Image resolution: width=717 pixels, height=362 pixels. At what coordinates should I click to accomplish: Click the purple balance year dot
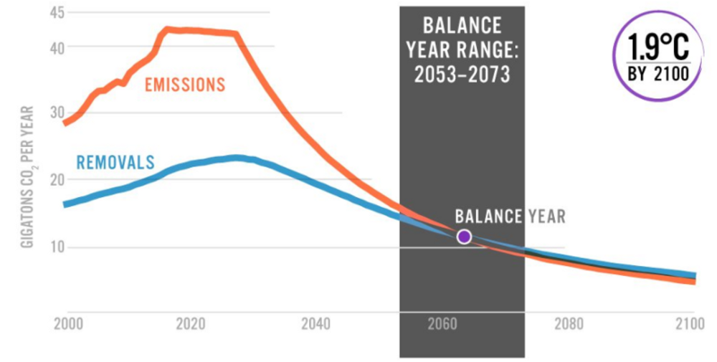(x=464, y=237)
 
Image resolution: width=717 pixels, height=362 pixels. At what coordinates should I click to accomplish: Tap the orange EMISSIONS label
(x=185, y=85)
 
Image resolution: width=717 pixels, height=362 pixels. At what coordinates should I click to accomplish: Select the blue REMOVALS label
(x=115, y=162)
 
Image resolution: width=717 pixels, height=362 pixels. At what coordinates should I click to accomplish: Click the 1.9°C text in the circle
(x=658, y=47)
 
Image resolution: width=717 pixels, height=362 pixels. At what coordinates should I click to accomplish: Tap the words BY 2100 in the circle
(x=657, y=73)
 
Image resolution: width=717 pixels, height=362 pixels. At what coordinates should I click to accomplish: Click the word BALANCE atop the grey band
(x=462, y=27)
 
